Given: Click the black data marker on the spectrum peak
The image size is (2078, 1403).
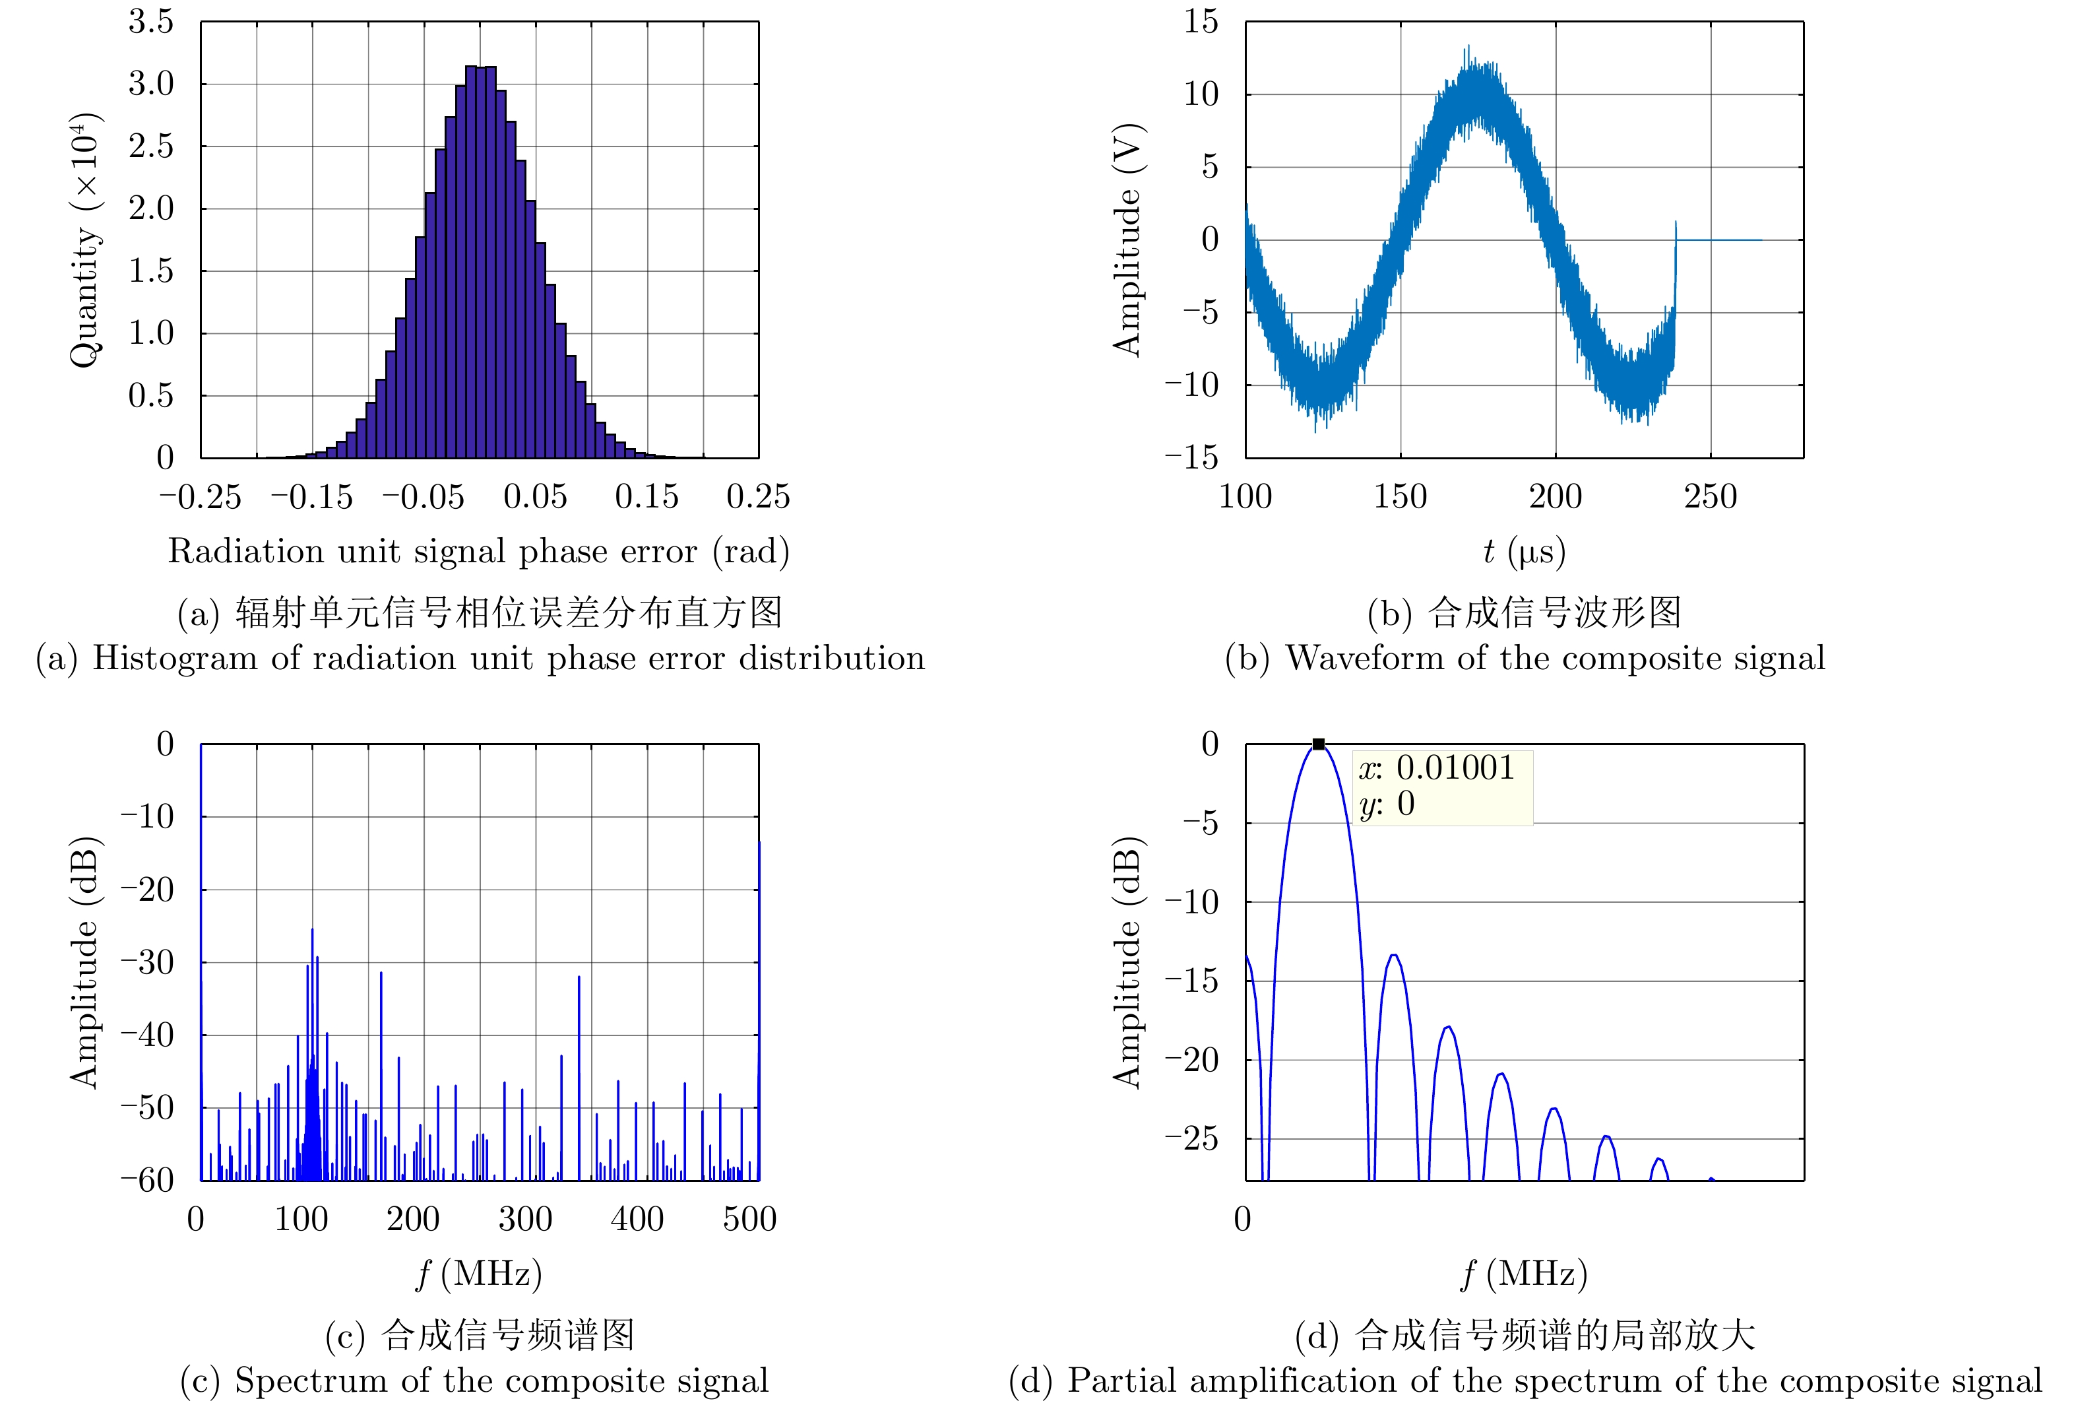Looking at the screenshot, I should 1318,744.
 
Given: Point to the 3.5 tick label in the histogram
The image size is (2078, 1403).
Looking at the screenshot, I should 151,22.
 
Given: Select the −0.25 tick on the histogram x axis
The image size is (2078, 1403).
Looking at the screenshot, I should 201,497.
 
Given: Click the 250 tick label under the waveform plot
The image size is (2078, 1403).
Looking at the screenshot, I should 1710,497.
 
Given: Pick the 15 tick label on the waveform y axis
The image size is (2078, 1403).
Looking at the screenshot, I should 1201,22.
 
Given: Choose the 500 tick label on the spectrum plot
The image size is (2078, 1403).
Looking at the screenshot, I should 749,1219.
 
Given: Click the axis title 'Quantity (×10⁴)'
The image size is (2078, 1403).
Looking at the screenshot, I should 85,240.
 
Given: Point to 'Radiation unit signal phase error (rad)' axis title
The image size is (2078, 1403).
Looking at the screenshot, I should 478,552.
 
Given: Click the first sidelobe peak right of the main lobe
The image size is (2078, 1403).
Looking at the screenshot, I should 1394,955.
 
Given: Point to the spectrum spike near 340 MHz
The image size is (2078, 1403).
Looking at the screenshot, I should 579,977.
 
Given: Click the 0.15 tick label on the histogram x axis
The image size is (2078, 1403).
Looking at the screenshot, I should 646,497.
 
